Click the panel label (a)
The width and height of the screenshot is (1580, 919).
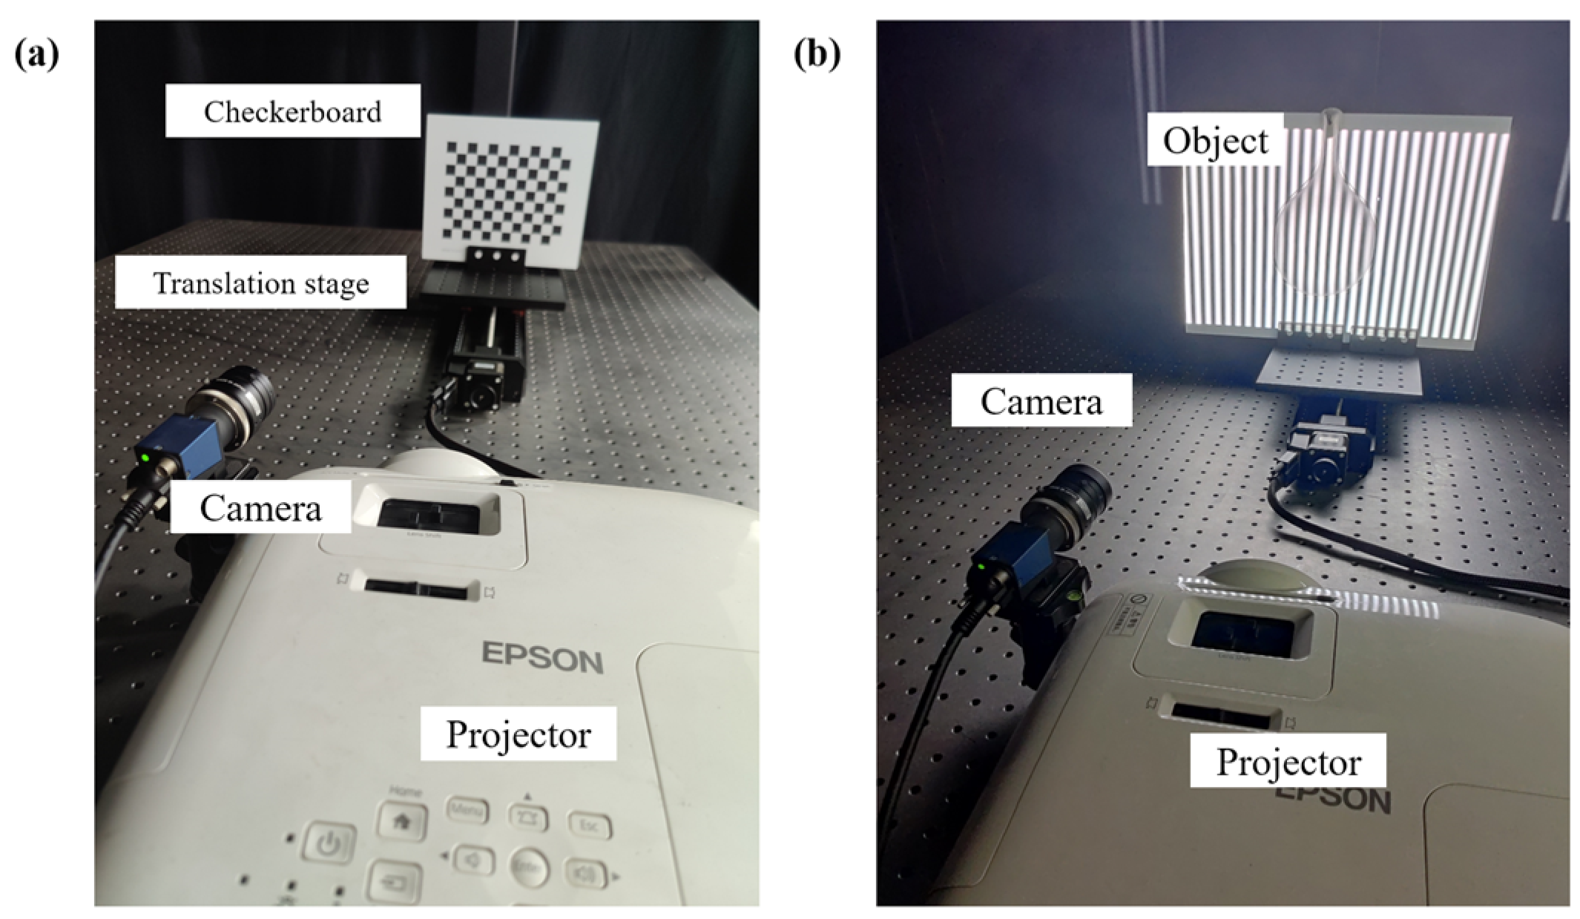tap(36, 55)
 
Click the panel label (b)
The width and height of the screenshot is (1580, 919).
tap(817, 55)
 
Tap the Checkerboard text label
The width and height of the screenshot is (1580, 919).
tap(292, 111)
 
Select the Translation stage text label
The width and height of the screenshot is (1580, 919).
tap(260, 283)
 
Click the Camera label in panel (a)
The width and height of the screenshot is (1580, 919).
tap(260, 508)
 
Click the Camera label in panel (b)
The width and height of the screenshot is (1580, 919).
tap(1041, 401)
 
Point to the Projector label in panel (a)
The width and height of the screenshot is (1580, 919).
tap(518, 734)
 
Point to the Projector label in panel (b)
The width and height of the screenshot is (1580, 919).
tap(1288, 762)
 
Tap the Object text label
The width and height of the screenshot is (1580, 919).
tap(1215, 140)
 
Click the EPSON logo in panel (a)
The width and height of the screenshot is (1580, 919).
tap(542, 658)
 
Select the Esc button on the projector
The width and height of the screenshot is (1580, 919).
tap(589, 826)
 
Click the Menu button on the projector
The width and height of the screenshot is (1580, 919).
tap(467, 809)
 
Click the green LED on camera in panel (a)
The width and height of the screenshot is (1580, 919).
tap(145, 458)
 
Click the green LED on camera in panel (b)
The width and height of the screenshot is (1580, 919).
tap(981, 567)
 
